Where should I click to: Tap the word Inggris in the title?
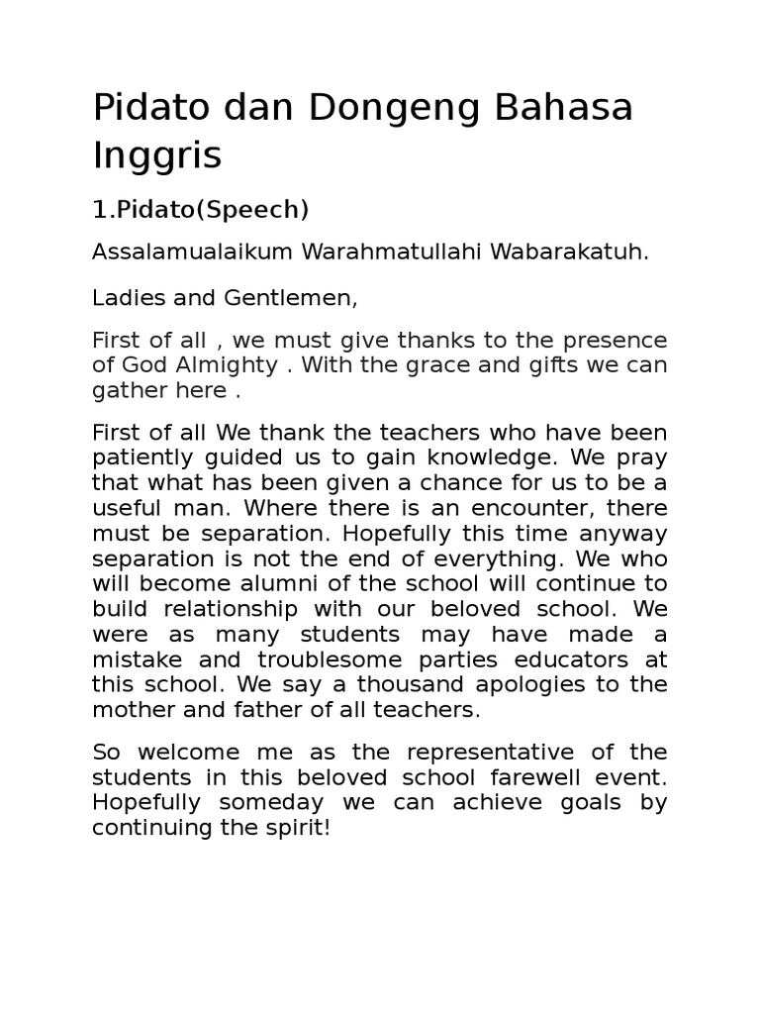157,155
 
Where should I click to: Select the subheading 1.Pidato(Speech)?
201,210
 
